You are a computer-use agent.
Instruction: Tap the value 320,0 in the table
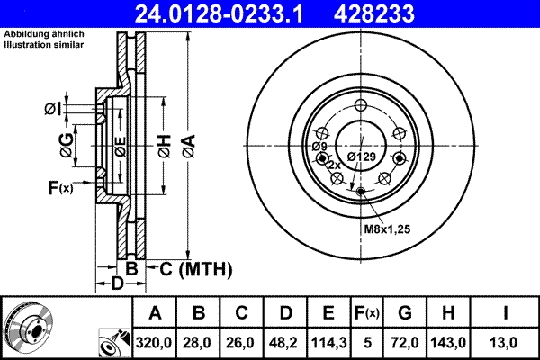[x=155, y=343]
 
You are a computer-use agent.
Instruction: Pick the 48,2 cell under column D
[x=285, y=343]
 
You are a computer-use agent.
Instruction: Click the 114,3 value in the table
[x=328, y=343]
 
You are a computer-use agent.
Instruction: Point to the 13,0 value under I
[x=507, y=343]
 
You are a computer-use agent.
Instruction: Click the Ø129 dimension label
[x=361, y=157]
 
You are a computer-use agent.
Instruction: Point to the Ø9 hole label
[x=319, y=147]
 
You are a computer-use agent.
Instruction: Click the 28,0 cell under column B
[x=199, y=343]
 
